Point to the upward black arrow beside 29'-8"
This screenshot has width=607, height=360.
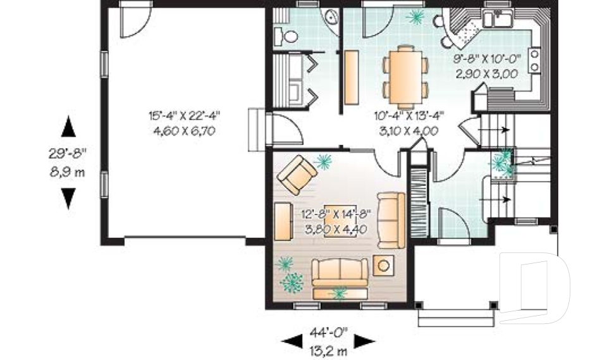68,127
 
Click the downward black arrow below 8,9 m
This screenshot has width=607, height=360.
68,199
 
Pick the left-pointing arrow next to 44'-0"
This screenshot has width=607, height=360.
291,342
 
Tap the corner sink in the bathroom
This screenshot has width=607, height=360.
331,18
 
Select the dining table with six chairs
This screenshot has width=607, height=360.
403,76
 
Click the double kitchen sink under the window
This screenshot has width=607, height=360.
496,20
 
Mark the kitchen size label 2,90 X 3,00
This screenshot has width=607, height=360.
486,73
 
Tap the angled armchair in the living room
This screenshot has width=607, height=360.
297,175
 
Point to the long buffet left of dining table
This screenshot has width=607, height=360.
350,76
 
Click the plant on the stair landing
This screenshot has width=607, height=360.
503,163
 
